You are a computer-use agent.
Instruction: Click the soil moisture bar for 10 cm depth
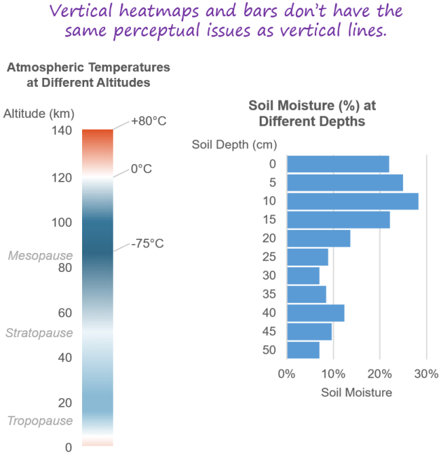353,201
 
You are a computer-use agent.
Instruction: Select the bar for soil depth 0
339,164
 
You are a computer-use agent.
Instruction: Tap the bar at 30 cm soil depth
304,276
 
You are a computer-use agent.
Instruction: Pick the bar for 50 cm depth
304,351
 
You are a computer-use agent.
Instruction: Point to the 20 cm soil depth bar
319,238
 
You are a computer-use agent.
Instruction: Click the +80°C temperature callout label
149,121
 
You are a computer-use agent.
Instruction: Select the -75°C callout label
147,243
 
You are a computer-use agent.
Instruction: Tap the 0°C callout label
142,168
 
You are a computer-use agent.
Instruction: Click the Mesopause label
41,256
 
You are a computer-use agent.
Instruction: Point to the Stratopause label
39,333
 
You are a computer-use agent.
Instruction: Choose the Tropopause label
40,421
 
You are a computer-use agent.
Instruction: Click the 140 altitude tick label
62,130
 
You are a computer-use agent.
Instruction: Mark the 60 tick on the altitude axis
65,313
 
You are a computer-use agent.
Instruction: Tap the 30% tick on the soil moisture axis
426,374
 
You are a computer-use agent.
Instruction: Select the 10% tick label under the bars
333,374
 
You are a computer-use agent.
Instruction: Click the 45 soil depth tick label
269,332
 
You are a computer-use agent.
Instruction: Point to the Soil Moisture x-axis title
357,393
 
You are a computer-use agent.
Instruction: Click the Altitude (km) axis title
39,114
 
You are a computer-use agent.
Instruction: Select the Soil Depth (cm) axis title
234,144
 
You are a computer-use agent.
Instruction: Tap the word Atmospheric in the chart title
46,67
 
